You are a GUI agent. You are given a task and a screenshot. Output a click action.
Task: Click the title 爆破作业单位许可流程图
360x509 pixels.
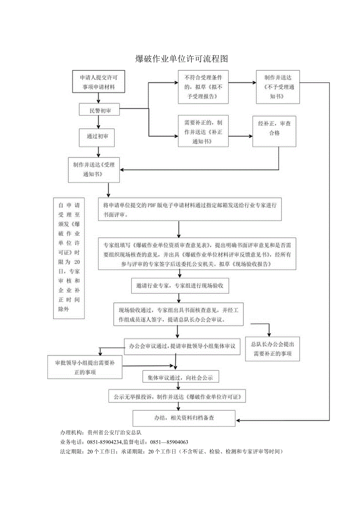coord(181,59)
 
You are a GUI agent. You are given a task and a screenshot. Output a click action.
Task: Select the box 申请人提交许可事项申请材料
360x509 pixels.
coord(99,82)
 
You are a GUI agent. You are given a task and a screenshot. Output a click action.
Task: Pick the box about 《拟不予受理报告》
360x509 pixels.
coord(203,87)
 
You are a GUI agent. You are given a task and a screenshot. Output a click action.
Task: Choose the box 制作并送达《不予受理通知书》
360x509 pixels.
coord(278,87)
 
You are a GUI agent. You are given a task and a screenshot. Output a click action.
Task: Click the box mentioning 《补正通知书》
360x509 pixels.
coord(203,131)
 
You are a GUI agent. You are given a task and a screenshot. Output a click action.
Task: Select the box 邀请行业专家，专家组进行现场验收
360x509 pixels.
coord(180,286)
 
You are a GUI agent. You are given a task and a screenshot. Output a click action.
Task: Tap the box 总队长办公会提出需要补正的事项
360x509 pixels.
coord(272,349)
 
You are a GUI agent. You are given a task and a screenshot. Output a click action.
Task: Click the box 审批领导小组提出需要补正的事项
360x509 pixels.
coord(85,367)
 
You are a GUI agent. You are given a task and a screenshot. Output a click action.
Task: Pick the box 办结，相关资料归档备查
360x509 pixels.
coord(184,418)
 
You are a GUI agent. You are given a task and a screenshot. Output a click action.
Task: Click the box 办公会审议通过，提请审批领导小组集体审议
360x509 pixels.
coord(182,346)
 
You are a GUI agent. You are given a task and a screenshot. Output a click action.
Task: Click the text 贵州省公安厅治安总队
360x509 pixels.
coord(117,433)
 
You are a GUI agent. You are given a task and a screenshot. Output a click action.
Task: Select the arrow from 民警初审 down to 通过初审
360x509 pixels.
coord(99,122)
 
